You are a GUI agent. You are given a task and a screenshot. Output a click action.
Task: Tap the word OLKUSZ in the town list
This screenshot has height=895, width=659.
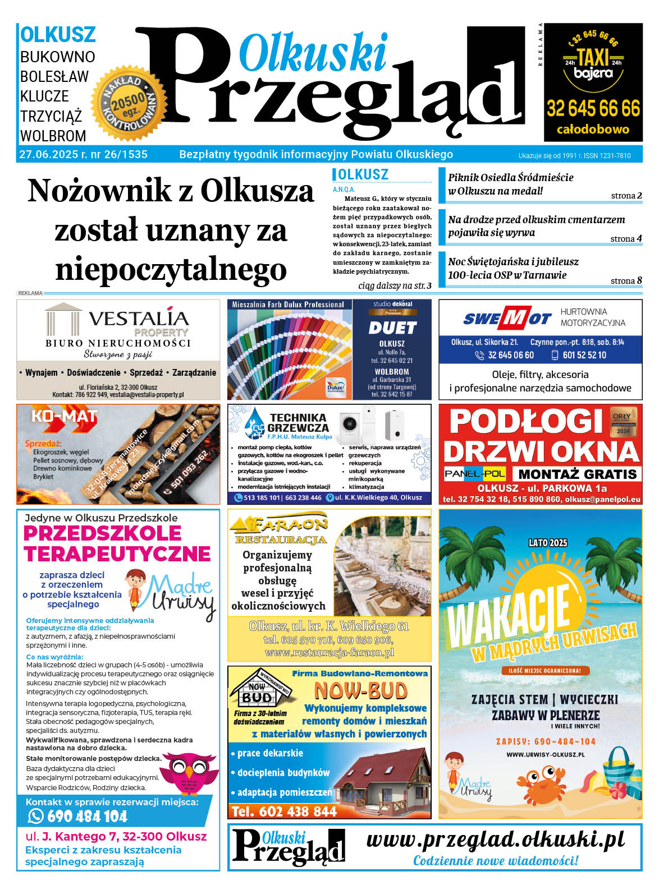point(58,35)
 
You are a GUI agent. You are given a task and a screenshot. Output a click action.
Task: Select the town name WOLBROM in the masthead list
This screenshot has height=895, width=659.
point(53,136)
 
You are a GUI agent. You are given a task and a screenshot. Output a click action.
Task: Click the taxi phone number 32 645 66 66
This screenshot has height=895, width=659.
point(593,108)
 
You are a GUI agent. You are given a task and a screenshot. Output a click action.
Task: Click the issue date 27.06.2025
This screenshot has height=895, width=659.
point(47,155)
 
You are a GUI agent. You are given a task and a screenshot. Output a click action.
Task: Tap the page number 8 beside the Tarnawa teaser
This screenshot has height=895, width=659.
point(639,280)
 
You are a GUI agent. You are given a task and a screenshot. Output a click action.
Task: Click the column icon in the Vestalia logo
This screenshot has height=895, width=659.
point(63,319)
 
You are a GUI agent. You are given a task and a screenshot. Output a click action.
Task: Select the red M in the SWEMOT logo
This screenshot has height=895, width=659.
point(512,319)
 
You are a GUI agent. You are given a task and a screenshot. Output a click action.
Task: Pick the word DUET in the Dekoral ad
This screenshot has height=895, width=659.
point(392,328)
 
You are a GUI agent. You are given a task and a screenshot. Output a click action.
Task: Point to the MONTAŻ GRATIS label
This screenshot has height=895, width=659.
point(578,474)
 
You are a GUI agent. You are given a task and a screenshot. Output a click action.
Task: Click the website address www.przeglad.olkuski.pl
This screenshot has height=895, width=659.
point(495,839)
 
